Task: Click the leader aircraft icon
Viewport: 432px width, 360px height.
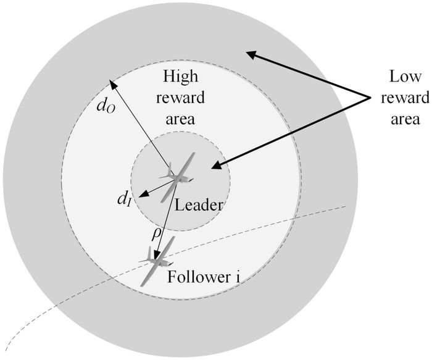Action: tap(179, 177)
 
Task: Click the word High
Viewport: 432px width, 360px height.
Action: tap(180, 77)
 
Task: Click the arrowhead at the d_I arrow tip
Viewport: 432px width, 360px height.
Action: tap(139, 195)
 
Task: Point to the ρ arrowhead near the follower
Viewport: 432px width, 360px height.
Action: tap(158, 254)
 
